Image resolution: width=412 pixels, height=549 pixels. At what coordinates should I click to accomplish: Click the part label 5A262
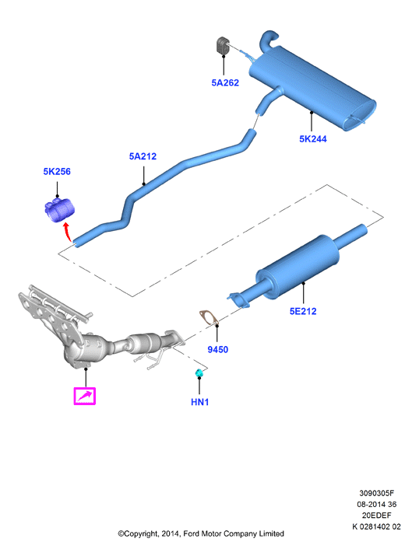point(225,82)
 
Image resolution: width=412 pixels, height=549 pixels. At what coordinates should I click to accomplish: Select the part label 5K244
point(313,139)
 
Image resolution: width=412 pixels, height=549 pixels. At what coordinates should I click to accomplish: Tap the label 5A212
point(143,156)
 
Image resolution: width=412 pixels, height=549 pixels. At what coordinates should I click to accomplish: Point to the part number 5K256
point(57,172)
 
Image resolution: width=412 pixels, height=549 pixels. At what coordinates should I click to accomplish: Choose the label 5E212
point(303,311)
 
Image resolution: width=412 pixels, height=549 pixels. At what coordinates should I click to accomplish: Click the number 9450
point(218,349)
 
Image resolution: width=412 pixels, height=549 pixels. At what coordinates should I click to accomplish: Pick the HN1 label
point(200,402)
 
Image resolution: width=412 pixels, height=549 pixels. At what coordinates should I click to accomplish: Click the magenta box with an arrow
point(85,396)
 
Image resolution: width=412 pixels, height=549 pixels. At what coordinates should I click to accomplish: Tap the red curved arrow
point(66,233)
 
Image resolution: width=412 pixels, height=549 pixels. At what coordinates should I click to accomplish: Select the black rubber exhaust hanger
point(222,46)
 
